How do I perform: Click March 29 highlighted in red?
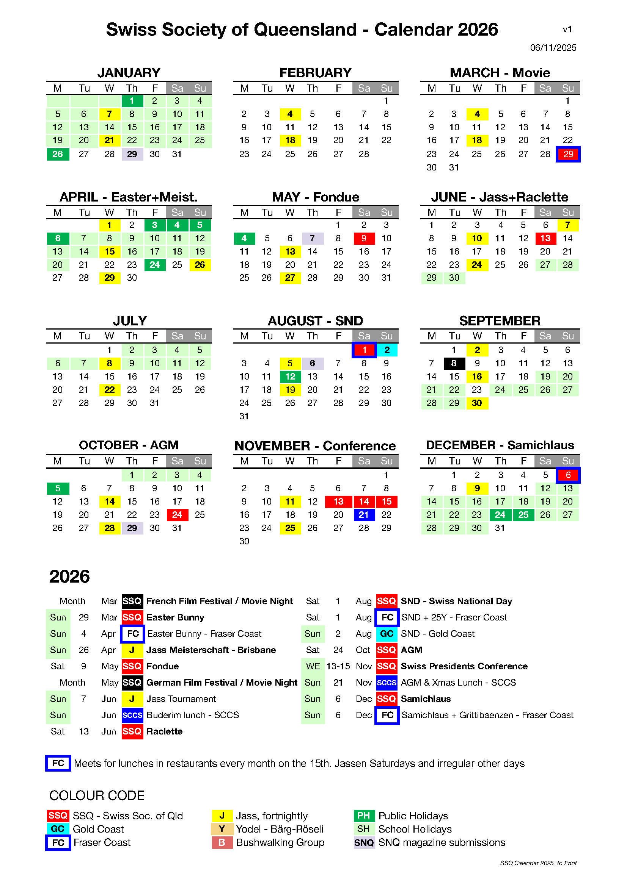(567, 154)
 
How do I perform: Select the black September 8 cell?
(454, 364)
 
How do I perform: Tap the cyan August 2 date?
(387, 350)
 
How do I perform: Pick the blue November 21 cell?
(364, 515)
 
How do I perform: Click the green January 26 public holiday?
(58, 154)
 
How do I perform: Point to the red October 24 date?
(177, 515)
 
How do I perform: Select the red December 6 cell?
(567, 475)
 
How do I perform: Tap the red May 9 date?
(364, 239)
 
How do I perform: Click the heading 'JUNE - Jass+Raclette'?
(500, 197)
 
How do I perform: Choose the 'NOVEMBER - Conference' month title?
(315, 446)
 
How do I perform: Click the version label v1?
(567, 29)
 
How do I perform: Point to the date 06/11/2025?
(553, 48)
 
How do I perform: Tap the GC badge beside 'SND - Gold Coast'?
(387, 634)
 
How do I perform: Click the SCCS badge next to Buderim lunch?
(132, 715)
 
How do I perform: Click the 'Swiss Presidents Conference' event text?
(464, 666)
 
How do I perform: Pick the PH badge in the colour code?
(364, 816)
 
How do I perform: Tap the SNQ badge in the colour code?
(364, 842)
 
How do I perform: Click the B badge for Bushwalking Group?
(222, 842)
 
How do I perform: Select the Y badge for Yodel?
(222, 829)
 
